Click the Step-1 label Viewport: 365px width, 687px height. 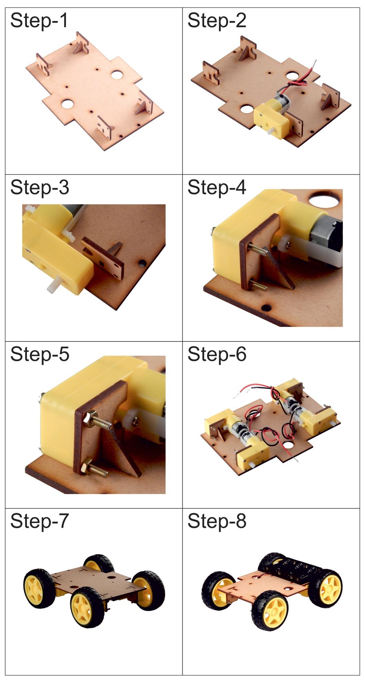coord(39,21)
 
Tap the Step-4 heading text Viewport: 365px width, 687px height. coord(217,188)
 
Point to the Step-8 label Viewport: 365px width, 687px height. coord(217,521)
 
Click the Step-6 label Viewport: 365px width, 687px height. coord(217,354)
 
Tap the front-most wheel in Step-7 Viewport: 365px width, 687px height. coord(87,607)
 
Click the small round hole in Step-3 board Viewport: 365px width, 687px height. coord(142,263)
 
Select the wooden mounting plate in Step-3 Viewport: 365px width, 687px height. coord(103,259)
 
